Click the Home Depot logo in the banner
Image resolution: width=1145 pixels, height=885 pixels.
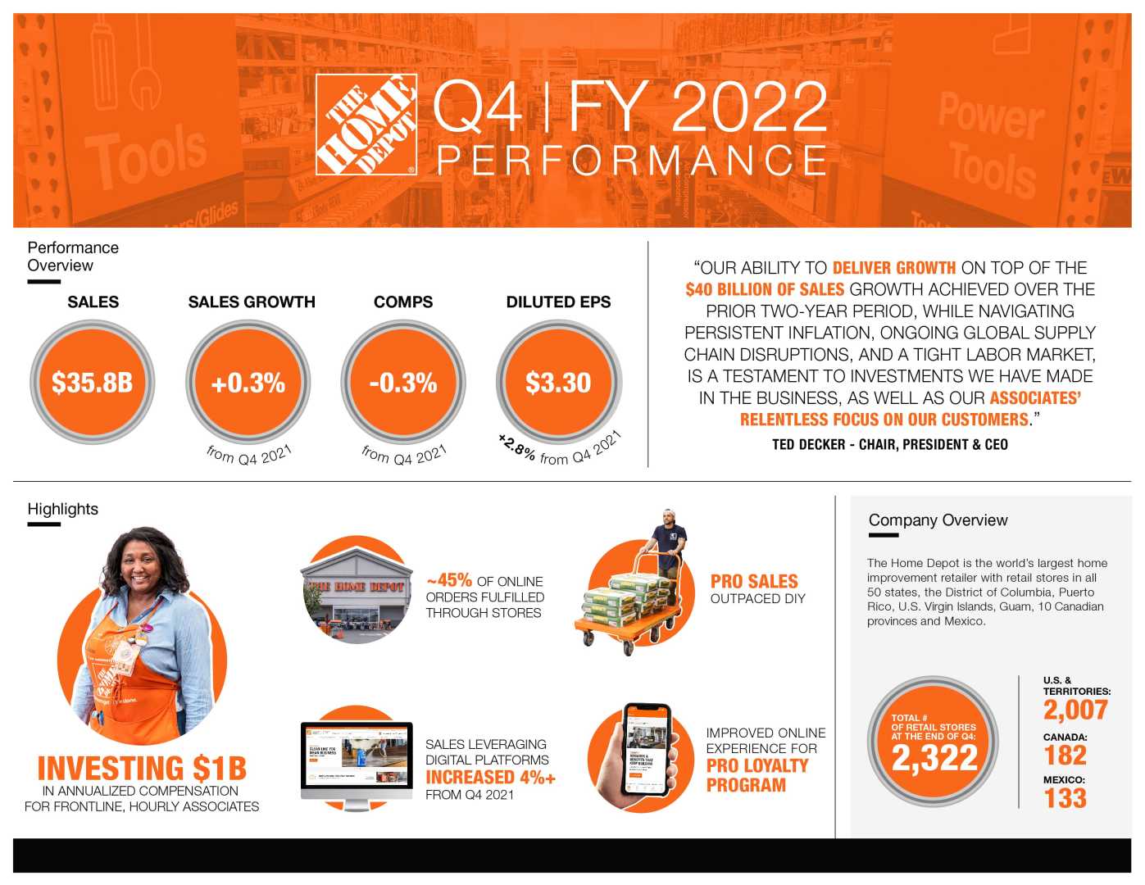point(366,125)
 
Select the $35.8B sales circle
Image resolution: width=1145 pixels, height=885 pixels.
point(92,383)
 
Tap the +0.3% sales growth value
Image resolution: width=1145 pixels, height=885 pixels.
point(248,383)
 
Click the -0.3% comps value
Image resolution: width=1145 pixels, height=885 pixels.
point(402,383)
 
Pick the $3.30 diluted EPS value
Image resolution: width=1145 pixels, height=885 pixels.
point(558,383)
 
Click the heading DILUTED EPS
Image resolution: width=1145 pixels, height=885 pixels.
point(558,302)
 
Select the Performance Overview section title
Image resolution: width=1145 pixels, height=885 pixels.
point(72,256)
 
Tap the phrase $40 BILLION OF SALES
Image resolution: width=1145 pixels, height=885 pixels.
point(765,289)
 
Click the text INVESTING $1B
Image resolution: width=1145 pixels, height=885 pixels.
point(142,768)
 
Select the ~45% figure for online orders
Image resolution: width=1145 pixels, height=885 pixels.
point(448,580)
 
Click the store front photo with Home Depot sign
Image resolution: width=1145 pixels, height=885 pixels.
point(357,592)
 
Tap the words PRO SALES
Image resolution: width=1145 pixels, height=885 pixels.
point(753,581)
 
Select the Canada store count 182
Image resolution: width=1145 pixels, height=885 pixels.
point(1065,755)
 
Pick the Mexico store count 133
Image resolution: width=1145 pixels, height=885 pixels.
point(1065,797)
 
